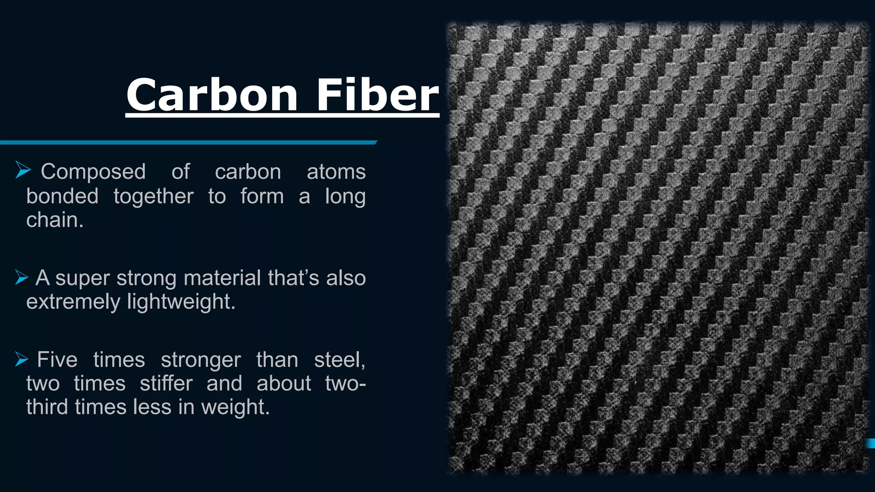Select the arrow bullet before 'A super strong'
point(22,277)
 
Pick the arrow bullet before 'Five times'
point(22,359)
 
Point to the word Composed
point(93,172)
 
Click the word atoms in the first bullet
point(336,172)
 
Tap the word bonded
point(62,196)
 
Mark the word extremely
point(73,302)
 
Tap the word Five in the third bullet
point(57,360)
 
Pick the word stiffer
point(166,383)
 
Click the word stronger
point(201,360)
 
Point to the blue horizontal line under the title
point(188,143)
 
